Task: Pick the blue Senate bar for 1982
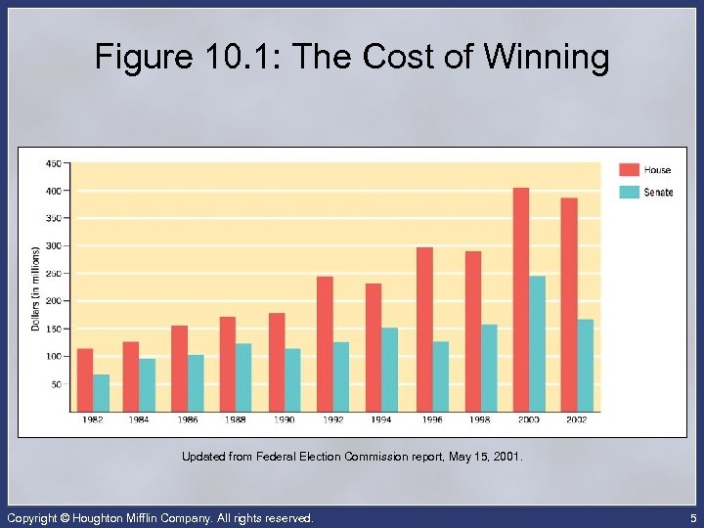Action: tap(102, 392)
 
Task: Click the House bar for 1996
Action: tap(424, 329)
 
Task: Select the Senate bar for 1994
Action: tap(390, 369)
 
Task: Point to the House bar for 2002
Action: tap(569, 304)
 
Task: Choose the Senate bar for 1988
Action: tap(243, 376)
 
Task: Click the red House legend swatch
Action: tap(629, 170)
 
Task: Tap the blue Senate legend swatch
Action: tap(629, 192)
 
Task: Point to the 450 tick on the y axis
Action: tap(53, 162)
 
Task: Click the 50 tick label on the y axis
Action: tap(55, 384)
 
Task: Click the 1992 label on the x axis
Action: tap(332, 419)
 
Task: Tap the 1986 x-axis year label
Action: tap(187, 419)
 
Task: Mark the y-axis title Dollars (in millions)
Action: tap(36, 287)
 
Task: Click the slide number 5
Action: tap(690, 517)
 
